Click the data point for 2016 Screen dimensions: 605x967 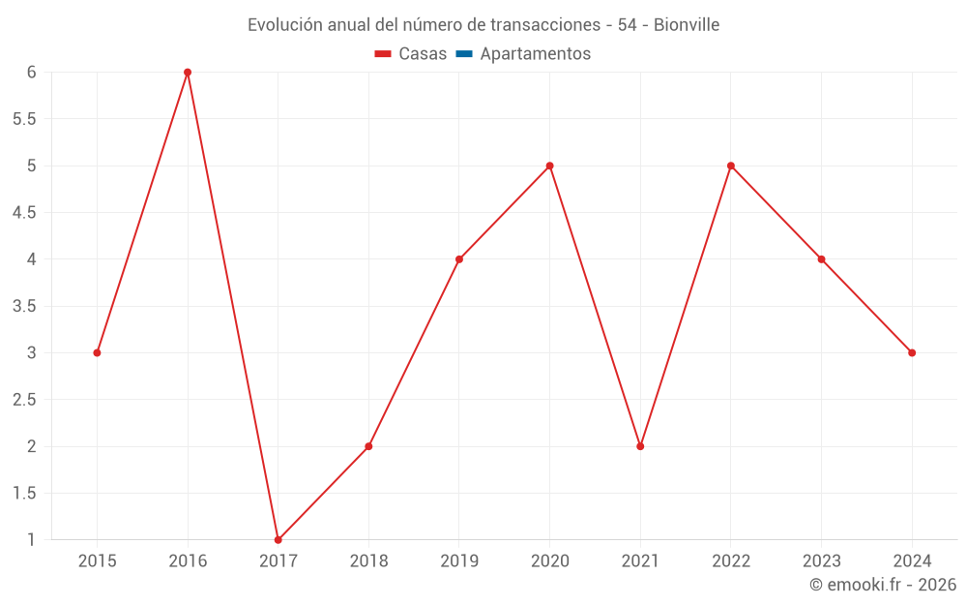click(x=188, y=73)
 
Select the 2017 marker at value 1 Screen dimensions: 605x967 click(x=278, y=539)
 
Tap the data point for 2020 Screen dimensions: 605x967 click(x=549, y=166)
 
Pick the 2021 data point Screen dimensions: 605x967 click(x=640, y=446)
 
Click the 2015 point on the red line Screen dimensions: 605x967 click(x=97, y=352)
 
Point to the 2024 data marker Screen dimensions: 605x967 click(x=912, y=352)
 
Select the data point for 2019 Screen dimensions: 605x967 click(x=459, y=259)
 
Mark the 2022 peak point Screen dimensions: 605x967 click(x=731, y=166)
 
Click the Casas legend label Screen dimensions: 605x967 click(x=423, y=54)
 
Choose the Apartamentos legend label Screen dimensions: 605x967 click(x=535, y=54)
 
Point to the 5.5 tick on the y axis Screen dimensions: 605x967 click(x=24, y=119)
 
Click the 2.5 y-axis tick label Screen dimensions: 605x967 click(x=24, y=400)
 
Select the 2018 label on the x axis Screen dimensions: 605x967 click(x=368, y=560)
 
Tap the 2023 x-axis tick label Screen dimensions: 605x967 click(x=821, y=560)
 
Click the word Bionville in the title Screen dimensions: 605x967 click(x=687, y=25)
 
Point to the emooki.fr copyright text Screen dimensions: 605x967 click(x=883, y=585)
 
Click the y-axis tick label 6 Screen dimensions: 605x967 click(x=31, y=73)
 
